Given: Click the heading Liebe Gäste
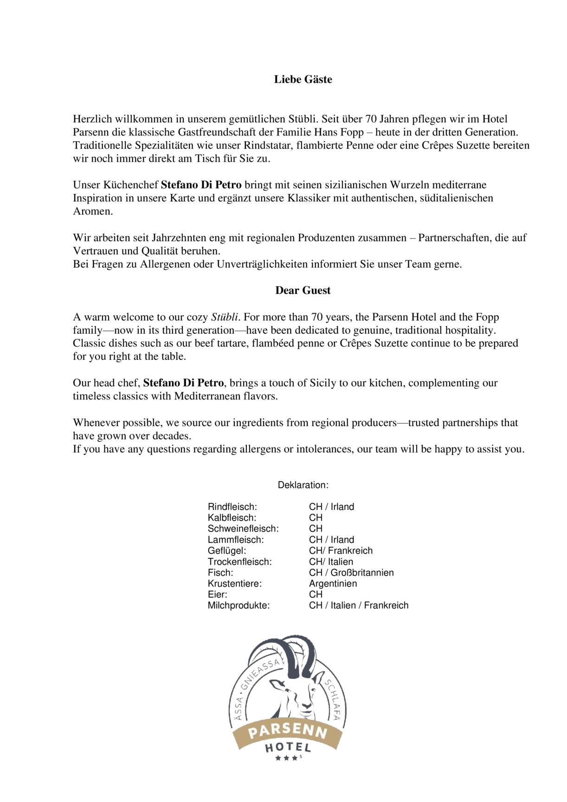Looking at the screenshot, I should coord(303,79).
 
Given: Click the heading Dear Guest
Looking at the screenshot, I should coord(303,291).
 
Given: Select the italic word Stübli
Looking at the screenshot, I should coord(225,317).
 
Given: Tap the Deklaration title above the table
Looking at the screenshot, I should coord(303,485).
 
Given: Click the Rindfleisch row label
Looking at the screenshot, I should coord(232,507).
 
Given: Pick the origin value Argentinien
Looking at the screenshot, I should coord(333,583).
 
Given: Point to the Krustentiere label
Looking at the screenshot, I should coord(234,583).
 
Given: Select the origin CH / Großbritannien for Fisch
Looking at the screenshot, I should coord(351,573).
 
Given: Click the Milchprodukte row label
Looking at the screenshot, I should coord(238,605).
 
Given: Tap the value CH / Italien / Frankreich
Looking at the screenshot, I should coord(359,605).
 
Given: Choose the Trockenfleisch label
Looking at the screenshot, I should coord(239,562).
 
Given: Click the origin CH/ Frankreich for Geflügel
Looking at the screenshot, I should coord(341,550).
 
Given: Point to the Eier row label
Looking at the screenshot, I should coord(217,595).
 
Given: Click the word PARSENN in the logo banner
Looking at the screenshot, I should coord(288,731).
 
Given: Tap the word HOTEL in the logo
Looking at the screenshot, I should coord(288,748).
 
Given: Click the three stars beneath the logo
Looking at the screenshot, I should coord(286,758).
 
